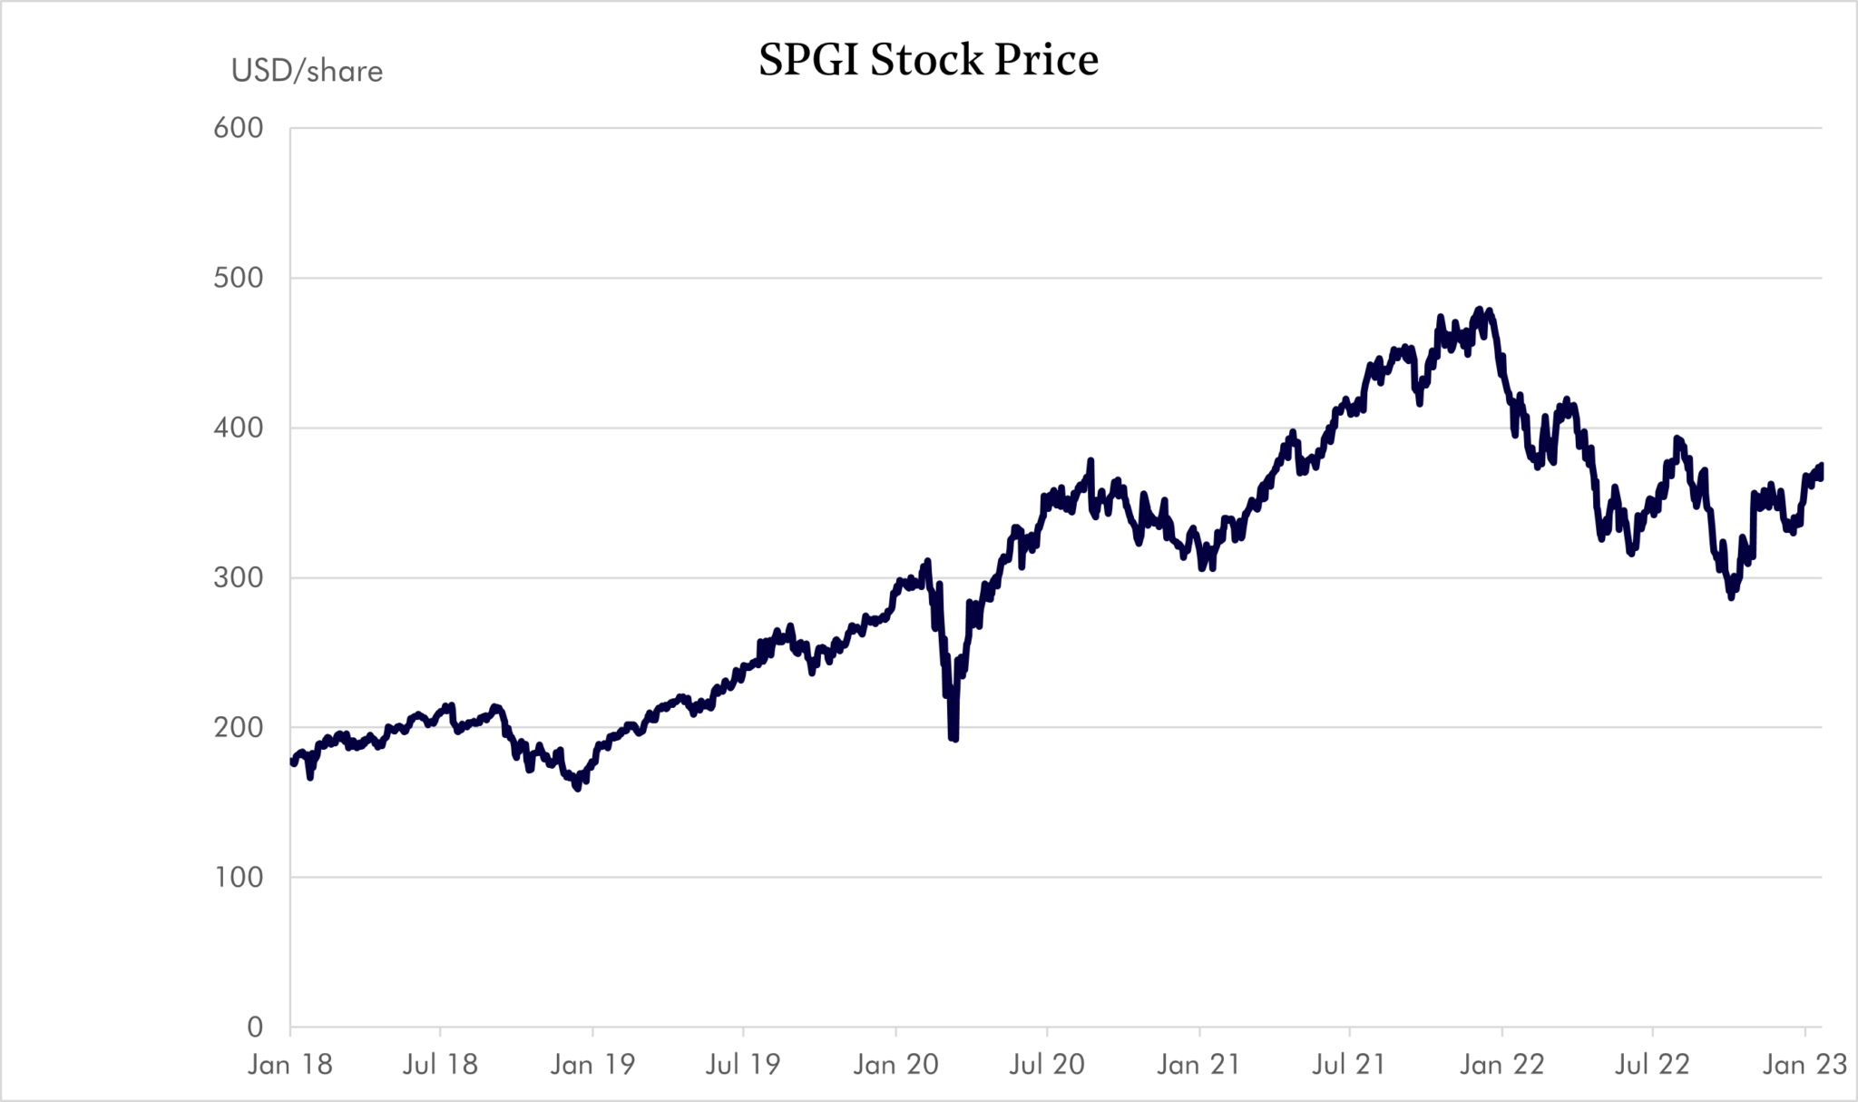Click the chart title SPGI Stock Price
click(928, 60)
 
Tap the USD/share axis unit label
click(307, 71)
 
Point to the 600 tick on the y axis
click(239, 128)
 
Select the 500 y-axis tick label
click(239, 278)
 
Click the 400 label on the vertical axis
click(239, 428)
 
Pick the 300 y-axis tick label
click(239, 577)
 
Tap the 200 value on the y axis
click(239, 727)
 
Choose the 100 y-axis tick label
click(239, 877)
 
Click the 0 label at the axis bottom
click(255, 1027)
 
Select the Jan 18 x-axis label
click(290, 1064)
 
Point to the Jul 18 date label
click(440, 1064)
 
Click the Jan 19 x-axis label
click(592, 1064)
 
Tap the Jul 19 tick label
click(743, 1064)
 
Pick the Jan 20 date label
click(895, 1064)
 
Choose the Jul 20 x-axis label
click(1047, 1064)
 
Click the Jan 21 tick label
click(1198, 1064)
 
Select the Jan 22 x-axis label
click(1501, 1064)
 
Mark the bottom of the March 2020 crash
click(953, 739)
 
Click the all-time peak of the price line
click(1480, 310)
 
